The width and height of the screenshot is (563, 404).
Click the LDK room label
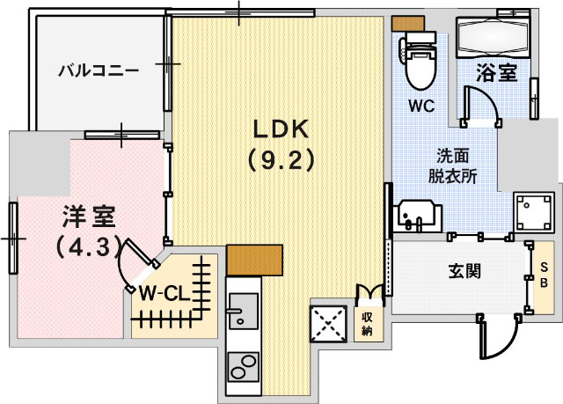tap(281, 129)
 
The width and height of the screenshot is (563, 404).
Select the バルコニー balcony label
tap(99, 70)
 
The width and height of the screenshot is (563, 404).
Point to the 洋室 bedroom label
tap(89, 216)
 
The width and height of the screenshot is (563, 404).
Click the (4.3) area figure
tap(88, 247)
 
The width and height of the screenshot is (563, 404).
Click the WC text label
tap(421, 106)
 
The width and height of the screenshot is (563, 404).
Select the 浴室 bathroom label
tap(496, 73)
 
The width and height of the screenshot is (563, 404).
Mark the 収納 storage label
tap(367, 324)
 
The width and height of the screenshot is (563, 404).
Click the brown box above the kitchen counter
tap(254, 258)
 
